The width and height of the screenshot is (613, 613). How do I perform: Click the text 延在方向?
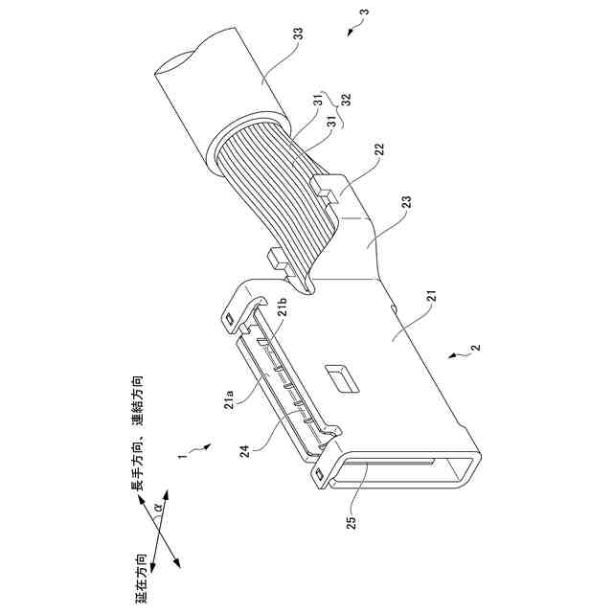(142, 575)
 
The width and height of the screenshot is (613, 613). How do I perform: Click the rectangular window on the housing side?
(339, 375)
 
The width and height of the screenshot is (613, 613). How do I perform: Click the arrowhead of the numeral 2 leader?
(450, 357)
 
